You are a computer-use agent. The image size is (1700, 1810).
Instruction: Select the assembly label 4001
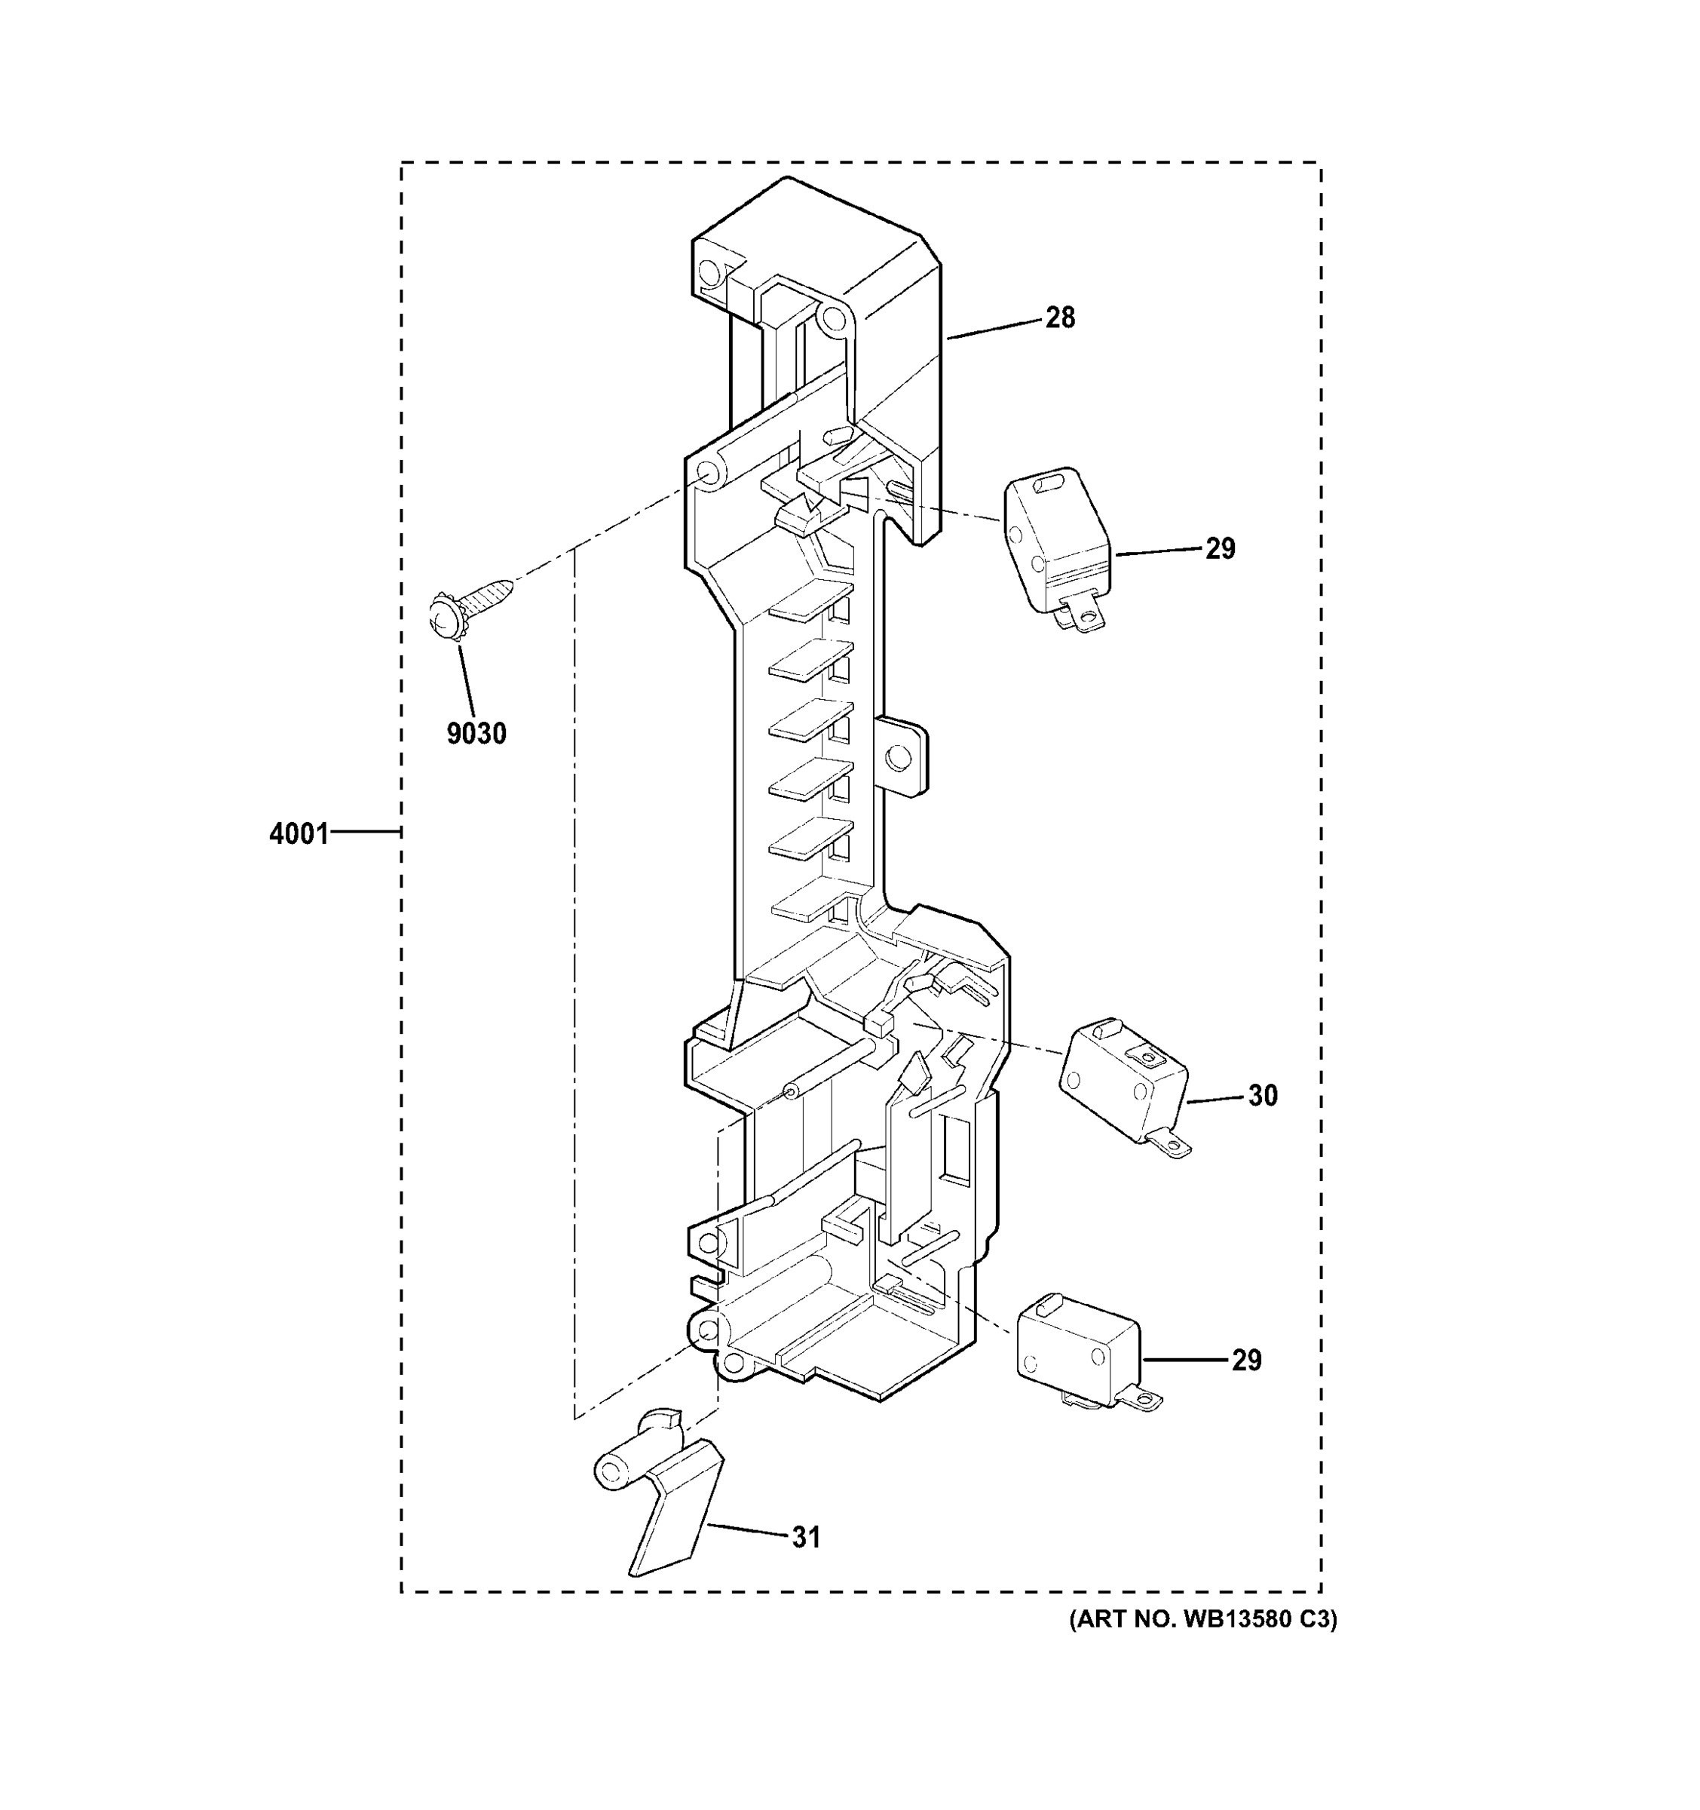[x=299, y=833]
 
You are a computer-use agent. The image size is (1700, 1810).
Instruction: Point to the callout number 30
[x=1262, y=1095]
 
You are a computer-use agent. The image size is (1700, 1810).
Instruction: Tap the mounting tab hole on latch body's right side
[x=898, y=756]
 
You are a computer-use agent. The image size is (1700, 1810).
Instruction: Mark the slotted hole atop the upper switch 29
[x=1049, y=480]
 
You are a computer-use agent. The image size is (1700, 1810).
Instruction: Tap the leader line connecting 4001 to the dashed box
[x=365, y=831]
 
